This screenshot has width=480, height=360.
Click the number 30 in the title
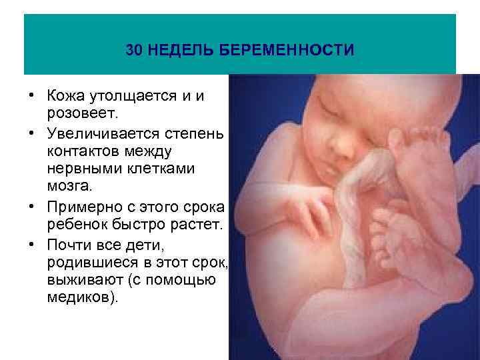point(134,51)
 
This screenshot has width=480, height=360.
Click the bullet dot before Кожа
point(31,97)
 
